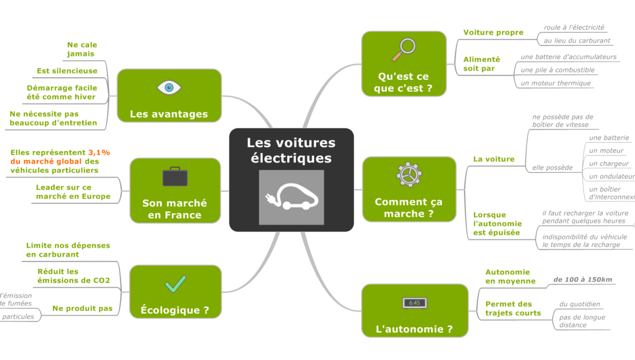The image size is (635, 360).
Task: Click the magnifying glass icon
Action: tap(403, 50)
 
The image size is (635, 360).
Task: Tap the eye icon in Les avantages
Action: tap(169, 87)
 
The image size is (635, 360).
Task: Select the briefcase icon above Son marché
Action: tap(175, 176)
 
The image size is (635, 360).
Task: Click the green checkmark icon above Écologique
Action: tap(175, 284)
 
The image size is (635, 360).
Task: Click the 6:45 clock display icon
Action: tap(415, 303)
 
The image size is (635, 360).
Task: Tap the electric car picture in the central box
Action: tap(291, 197)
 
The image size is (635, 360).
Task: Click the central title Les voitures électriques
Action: tap(291, 150)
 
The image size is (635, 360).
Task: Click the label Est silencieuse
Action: tap(67, 71)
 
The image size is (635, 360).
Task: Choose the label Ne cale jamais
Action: tap(82, 49)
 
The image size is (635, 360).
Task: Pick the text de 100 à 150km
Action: tap(582, 280)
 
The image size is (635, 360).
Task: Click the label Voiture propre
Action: tap(493, 33)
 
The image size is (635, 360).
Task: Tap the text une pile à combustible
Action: tap(557, 70)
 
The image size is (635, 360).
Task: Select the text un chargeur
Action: tap(608, 163)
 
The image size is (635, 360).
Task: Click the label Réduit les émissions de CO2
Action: tap(73, 276)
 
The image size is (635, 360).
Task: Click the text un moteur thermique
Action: tap(555, 83)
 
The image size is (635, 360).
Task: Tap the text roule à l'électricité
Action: tap(574, 28)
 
